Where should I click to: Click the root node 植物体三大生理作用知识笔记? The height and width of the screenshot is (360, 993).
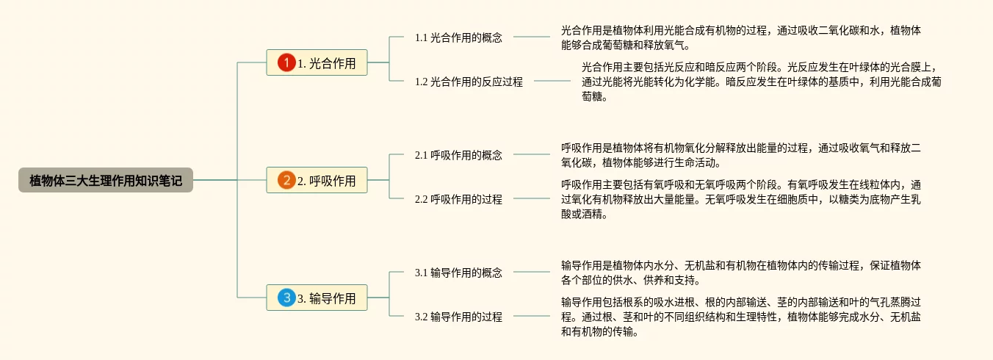click(x=106, y=180)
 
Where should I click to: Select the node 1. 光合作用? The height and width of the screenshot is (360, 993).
click(x=317, y=63)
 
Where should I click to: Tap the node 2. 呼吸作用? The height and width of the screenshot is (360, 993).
click(x=317, y=180)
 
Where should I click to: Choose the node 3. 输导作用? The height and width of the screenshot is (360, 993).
click(x=317, y=298)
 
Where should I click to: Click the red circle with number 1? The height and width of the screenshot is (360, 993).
click(x=286, y=63)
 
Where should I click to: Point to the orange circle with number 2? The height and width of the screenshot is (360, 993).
click(x=286, y=180)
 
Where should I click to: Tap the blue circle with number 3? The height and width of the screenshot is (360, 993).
click(x=286, y=298)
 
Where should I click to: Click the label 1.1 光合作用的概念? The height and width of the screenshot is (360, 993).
click(x=458, y=37)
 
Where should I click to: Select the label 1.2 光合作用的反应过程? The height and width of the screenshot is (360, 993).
click(x=469, y=82)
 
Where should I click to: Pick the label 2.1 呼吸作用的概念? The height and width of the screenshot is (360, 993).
click(x=458, y=155)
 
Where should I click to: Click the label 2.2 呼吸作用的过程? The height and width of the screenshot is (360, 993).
click(x=458, y=199)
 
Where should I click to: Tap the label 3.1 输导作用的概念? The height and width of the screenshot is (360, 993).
click(x=458, y=273)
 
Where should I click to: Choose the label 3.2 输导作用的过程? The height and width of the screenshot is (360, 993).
click(x=458, y=317)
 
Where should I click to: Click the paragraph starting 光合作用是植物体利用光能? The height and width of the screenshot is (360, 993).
click(x=740, y=38)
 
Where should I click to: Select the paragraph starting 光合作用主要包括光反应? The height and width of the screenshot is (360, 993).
click(x=761, y=82)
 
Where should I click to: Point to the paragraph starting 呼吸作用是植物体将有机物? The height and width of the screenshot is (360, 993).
click(x=740, y=155)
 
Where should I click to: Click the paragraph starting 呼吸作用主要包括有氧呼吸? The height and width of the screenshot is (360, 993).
click(x=740, y=199)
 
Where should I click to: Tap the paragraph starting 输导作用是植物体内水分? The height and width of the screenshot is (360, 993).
click(x=740, y=273)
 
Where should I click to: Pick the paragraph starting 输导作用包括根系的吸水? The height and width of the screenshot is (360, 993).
click(x=740, y=317)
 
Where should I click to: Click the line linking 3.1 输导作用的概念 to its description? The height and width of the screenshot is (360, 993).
click(x=531, y=273)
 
